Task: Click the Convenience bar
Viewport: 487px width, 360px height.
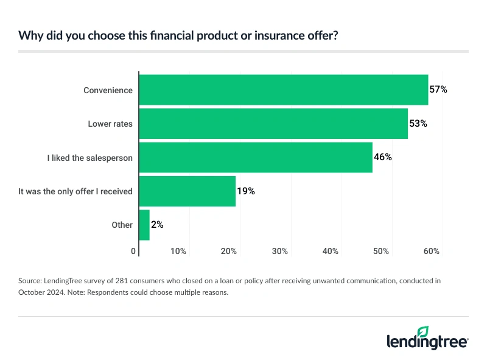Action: coord(284,90)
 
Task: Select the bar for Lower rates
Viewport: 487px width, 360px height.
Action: coord(273,124)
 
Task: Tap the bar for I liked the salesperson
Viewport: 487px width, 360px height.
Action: coord(256,158)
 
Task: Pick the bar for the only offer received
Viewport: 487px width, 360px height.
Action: coord(187,191)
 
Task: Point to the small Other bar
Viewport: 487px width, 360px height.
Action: coord(144,225)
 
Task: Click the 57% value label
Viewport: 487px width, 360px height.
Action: coord(438,90)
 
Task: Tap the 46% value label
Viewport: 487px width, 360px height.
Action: coord(382,158)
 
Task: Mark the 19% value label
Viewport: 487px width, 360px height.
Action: coord(245,191)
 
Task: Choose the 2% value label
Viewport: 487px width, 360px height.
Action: coord(156,225)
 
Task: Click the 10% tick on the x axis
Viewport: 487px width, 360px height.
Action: coord(178,251)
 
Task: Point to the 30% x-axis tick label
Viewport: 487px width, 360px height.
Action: coord(280,251)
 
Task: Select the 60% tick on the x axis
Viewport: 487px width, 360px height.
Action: coord(432,251)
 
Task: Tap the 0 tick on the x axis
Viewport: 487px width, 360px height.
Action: coord(134,251)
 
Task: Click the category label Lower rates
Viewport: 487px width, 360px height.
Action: coord(110,124)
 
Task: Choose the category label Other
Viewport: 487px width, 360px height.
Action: coord(122,225)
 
